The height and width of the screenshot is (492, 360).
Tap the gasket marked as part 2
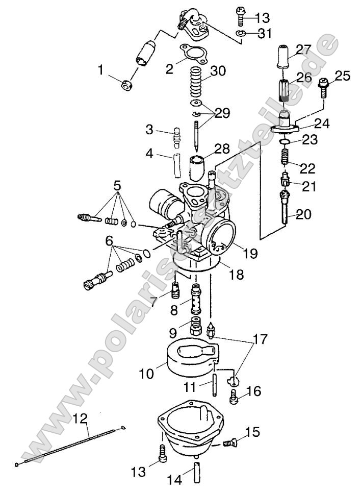click(191, 55)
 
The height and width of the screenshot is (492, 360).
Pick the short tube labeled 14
click(197, 472)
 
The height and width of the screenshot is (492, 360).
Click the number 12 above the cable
click(80, 420)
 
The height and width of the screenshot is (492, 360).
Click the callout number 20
click(302, 214)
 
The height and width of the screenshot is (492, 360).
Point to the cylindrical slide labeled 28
click(197, 165)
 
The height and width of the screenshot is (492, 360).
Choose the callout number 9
click(172, 333)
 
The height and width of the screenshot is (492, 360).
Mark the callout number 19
click(250, 253)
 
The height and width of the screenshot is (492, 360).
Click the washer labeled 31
click(242, 34)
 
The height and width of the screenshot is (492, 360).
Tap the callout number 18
click(237, 275)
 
